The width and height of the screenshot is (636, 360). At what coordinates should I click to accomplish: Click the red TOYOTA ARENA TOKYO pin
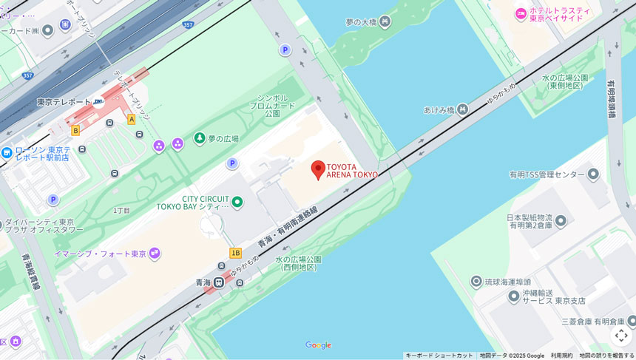click(x=318, y=169)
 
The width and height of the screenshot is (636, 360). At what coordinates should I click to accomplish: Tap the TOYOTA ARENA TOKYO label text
click(x=352, y=171)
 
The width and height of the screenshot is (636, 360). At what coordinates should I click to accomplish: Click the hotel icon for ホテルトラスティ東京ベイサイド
click(x=521, y=14)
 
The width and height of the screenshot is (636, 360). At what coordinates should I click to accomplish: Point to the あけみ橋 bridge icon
click(x=462, y=109)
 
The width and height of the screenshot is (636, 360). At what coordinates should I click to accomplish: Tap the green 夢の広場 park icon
click(x=199, y=138)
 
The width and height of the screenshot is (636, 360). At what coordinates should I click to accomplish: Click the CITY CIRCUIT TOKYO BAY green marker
click(x=237, y=202)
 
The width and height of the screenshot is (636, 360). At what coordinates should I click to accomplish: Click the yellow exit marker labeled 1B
click(x=235, y=253)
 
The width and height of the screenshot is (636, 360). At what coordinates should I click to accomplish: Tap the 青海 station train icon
click(x=219, y=282)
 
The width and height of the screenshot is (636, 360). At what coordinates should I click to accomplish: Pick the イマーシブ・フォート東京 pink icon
click(x=154, y=254)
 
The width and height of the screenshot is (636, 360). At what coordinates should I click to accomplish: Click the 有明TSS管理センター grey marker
click(x=592, y=174)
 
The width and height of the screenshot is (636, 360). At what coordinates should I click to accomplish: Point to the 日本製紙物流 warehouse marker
click(x=561, y=220)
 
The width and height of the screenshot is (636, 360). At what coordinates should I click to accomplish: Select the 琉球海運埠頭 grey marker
click(x=476, y=282)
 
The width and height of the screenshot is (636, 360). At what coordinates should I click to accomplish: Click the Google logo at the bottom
click(x=318, y=345)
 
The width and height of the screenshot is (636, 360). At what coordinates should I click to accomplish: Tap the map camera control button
click(x=621, y=336)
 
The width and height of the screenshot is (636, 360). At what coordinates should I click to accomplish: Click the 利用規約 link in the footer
click(x=561, y=356)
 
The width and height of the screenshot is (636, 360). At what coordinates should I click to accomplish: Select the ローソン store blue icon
click(x=7, y=153)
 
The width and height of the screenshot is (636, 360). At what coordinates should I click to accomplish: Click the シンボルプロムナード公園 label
click(x=272, y=106)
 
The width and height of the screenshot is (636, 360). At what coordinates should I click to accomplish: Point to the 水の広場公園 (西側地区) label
click(x=298, y=263)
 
